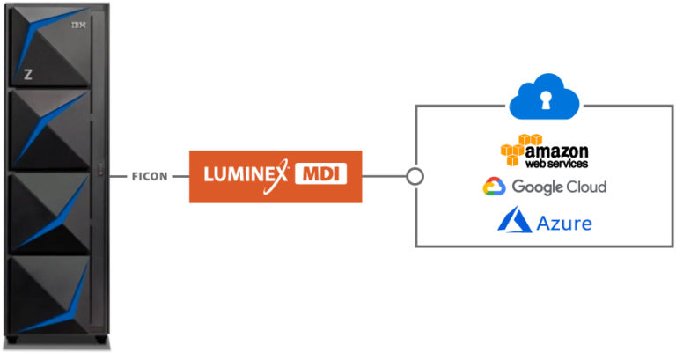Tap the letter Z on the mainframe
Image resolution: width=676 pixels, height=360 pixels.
[28, 75]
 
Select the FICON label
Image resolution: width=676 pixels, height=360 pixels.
[150, 176]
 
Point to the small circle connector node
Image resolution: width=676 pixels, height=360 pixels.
[415, 176]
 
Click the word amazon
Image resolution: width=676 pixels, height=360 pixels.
[556, 151]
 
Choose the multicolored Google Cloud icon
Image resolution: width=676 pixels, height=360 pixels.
[493, 187]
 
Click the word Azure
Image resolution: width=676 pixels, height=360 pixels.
[564, 223]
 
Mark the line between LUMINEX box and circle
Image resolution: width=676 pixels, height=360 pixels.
[384, 176]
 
